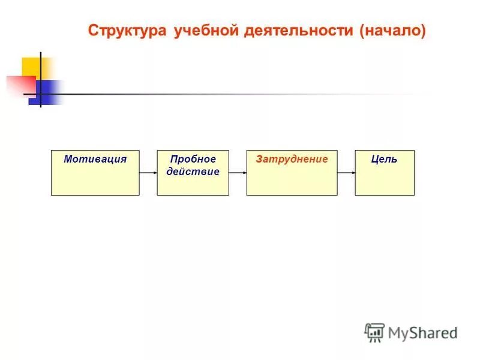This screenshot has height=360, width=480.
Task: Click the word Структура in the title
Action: click(x=128, y=31)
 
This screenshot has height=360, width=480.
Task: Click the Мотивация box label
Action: click(x=95, y=159)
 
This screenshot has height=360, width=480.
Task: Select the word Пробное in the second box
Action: click(x=193, y=159)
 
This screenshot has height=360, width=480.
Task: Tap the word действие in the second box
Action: click(x=193, y=172)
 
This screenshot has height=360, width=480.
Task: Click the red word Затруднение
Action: click(x=292, y=159)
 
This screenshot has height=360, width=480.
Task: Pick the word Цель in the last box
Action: click(x=384, y=159)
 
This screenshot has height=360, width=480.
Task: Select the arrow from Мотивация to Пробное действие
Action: click(x=148, y=173)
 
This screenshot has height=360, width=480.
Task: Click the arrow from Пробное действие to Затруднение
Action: click(x=238, y=173)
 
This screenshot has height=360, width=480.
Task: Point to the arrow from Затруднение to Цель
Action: click(x=346, y=173)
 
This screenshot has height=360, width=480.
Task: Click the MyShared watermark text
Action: click(x=422, y=332)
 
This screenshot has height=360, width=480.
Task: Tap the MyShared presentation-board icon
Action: click(x=374, y=332)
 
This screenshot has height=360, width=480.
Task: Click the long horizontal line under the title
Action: click(x=240, y=94)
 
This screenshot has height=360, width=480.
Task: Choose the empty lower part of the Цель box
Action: click(x=384, y=183)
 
